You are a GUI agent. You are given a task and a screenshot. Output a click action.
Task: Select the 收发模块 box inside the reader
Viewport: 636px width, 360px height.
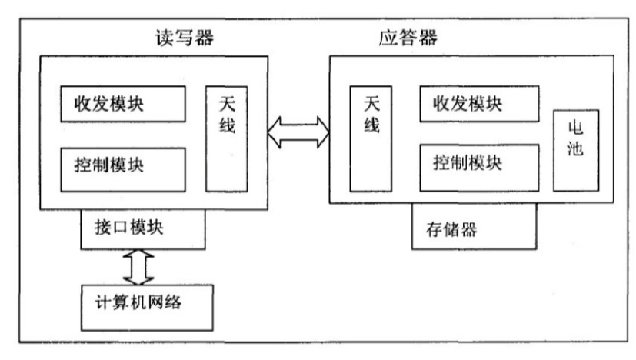[x=123, y=104]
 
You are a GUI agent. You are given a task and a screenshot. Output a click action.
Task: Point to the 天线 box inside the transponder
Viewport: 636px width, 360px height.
[x=371, y=138]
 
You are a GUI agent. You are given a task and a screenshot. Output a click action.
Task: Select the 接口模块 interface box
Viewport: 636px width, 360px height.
[x=143, y=229]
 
